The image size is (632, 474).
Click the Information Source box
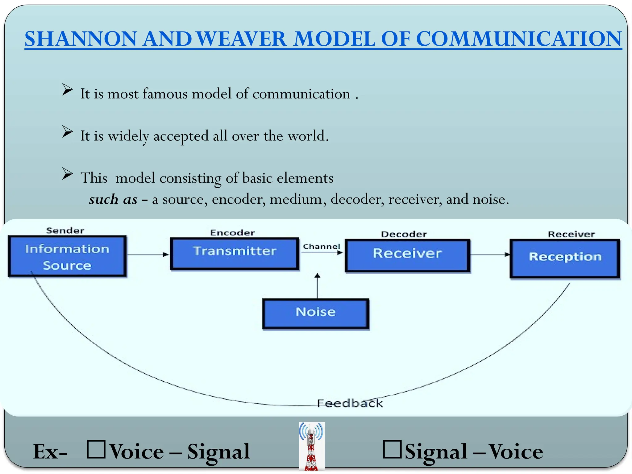click(67, 256)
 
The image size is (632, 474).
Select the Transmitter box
click(235, 254)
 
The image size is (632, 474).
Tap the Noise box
click(315, 313)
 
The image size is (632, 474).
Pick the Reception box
click(565, 259)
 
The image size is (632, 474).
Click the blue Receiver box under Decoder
click(407, 255)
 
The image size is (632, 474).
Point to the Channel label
click(321, 247)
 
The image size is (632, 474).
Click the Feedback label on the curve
click(350, 403)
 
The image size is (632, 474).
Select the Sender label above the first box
click(65, 231)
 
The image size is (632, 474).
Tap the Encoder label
click(233, 233)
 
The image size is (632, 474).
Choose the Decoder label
click(404, 234)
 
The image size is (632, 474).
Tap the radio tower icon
click(312, 446)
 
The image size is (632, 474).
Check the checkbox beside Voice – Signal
click(96, 449)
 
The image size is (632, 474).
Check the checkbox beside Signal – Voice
click(392, 449)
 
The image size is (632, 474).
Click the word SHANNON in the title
click(81, 39)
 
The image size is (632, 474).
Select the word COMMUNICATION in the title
click(518, 39)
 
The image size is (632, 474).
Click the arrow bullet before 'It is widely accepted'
click(67, 132)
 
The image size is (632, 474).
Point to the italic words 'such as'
click(113, 199)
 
